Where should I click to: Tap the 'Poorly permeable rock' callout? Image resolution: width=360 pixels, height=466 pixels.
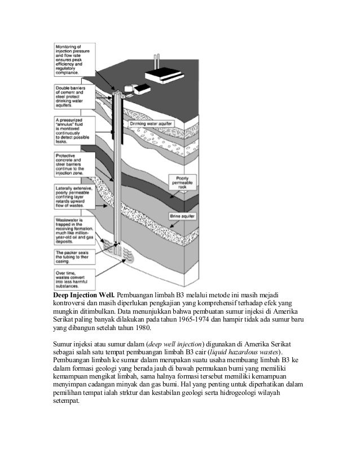click(x=182, y=183)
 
